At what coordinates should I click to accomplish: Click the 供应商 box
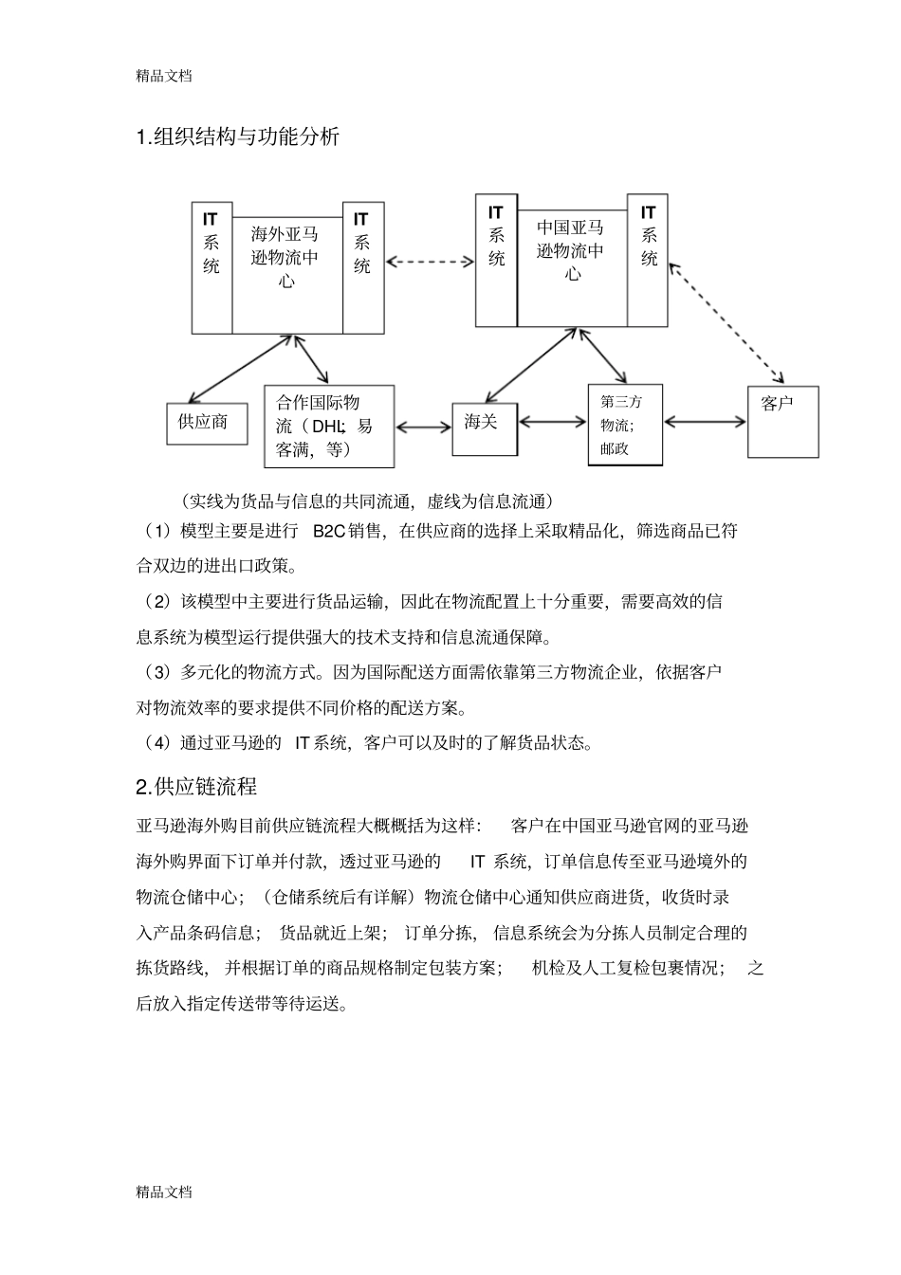point(206,423)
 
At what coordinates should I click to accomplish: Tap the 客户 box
point(782,421)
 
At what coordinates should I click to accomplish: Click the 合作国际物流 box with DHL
point(328,427)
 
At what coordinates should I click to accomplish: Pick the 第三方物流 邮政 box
point(625,425)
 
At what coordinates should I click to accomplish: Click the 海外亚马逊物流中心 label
point(286,257)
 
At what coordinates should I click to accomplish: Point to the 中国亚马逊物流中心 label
point(571,251)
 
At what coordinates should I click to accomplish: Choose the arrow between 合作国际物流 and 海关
point(423,427)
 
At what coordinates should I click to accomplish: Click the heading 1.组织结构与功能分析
point(238,137)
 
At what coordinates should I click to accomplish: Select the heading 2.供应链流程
point(196,787)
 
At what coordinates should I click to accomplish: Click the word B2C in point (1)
point(328,531)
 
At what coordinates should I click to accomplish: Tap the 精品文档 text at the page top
point(164,76)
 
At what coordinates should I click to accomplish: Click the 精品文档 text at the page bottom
point(164,1192)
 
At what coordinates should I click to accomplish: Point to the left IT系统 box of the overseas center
point(211,267)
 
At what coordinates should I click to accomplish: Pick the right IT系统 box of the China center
point(648,260)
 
